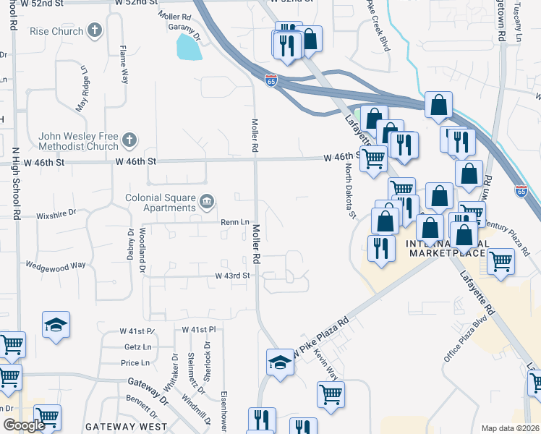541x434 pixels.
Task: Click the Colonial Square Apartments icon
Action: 207,201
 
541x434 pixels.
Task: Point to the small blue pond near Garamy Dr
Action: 188,48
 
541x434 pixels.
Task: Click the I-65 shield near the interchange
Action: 270,81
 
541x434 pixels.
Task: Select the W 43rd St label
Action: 231,276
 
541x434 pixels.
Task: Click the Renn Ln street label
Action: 234,222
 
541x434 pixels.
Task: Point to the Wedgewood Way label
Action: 55,265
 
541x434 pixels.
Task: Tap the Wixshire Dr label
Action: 56,214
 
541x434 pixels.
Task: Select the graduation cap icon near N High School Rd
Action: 56,325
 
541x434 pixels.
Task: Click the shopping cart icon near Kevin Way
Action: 331,394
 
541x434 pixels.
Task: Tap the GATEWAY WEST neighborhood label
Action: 127,427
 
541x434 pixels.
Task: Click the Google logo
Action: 24,425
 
